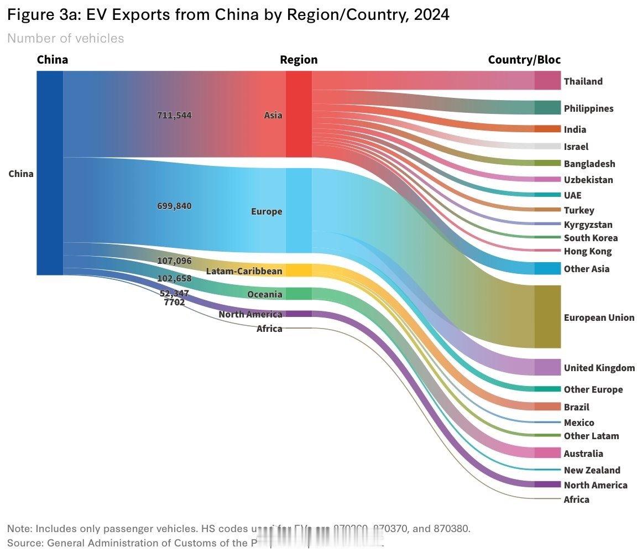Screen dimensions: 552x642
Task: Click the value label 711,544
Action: pos(174,115)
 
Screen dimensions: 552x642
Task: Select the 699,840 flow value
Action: pos(174,206)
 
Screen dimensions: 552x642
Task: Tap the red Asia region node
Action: pos(299,114)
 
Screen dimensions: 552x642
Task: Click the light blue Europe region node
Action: pos(299,211)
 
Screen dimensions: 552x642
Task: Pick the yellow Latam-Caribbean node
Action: pos(299,270)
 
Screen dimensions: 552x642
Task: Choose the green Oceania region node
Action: pos(299,294)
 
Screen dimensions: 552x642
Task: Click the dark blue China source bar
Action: pos(50,173)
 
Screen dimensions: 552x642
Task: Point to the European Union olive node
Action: pos(547,317)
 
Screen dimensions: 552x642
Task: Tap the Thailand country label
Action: pos(583,81)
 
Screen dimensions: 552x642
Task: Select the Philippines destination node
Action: pos(547,108)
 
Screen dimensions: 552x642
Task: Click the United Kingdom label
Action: pos(599,368)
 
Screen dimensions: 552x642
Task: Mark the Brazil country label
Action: pos(576,407)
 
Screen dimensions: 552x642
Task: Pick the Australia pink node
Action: pos(547,453)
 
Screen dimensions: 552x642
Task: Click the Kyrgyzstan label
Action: pos(588,225)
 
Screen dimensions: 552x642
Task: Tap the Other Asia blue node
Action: pos(547,269)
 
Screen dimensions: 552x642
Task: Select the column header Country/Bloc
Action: pos(524,60)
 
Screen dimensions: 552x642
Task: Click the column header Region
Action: pos(299,60)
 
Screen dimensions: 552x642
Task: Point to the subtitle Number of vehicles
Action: pos(65,38)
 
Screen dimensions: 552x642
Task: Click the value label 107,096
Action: pos(174,261)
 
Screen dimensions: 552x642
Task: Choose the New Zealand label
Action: pos(592,470)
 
